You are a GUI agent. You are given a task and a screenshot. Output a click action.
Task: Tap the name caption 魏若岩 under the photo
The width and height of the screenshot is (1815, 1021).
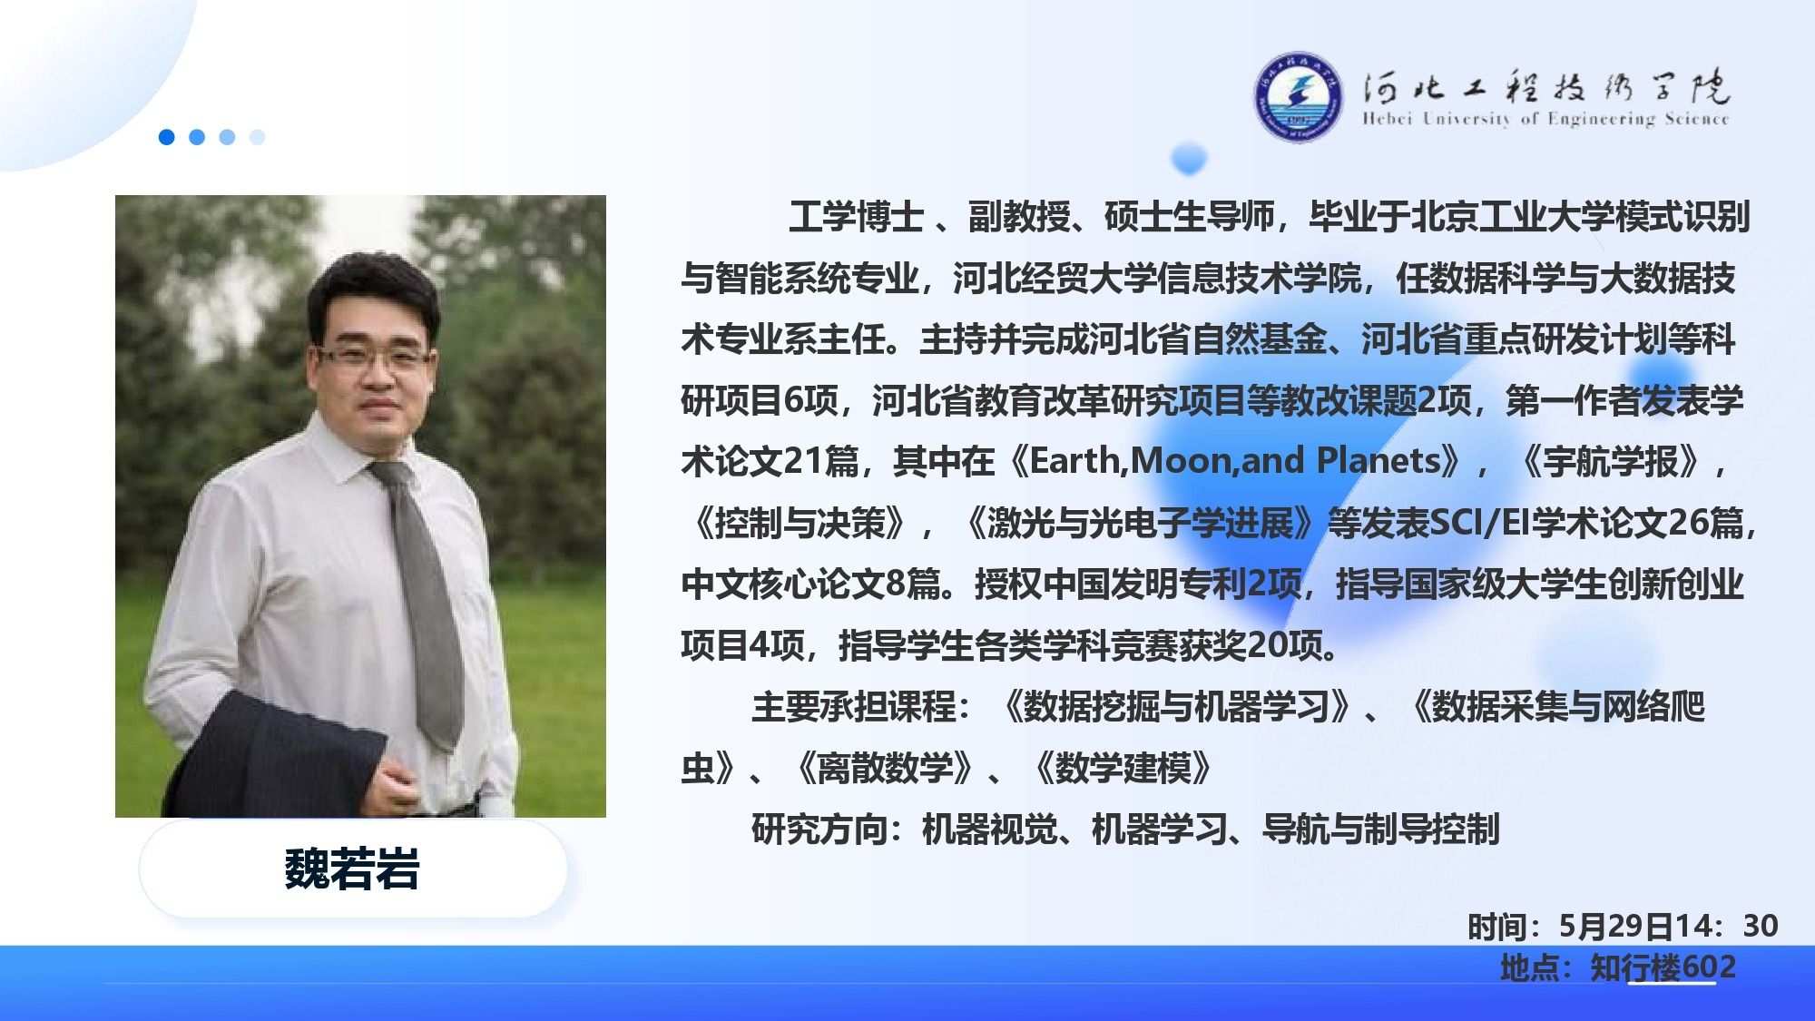[352, 869]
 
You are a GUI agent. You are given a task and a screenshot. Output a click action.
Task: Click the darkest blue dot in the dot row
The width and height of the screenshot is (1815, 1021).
[166, 137]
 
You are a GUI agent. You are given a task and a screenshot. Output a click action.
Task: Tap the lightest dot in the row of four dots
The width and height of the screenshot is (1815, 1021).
[257, 137]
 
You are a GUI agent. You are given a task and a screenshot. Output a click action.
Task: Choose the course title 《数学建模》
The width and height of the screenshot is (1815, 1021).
[1123, 769]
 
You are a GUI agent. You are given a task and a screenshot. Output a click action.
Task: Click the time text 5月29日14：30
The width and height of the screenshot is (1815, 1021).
[1668, 926]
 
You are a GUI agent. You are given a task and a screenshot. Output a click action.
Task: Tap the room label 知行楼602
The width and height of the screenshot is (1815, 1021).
[1663, 967]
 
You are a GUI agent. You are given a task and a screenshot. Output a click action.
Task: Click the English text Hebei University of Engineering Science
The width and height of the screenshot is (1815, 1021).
[1545, 119]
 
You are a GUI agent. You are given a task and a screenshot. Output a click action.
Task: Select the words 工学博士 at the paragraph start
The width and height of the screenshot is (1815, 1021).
[856, 217]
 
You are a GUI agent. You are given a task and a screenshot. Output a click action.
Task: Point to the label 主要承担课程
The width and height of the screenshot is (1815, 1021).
[853, 707]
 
